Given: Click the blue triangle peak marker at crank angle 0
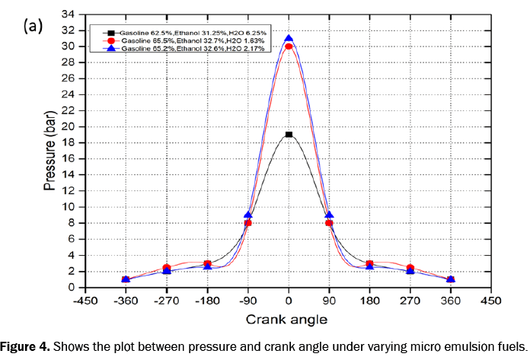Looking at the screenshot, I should click(x=289, y=38).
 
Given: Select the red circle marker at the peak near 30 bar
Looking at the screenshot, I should click(x=289, y=46).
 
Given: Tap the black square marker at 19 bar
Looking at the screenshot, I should click(x=289, y=135).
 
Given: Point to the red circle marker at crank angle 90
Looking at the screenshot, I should click(x=329, y=223).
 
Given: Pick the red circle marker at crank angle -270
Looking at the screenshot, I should click(x=167, y=267).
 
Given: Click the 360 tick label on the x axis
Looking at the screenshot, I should click(x=451, y=299).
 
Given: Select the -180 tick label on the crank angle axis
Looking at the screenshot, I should click(x=207, y=299).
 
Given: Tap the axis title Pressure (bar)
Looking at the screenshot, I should click(x=48, y=151).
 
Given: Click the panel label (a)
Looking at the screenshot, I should click(x=33, y=25).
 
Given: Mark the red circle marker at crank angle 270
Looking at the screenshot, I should click(x=410, y=267).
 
